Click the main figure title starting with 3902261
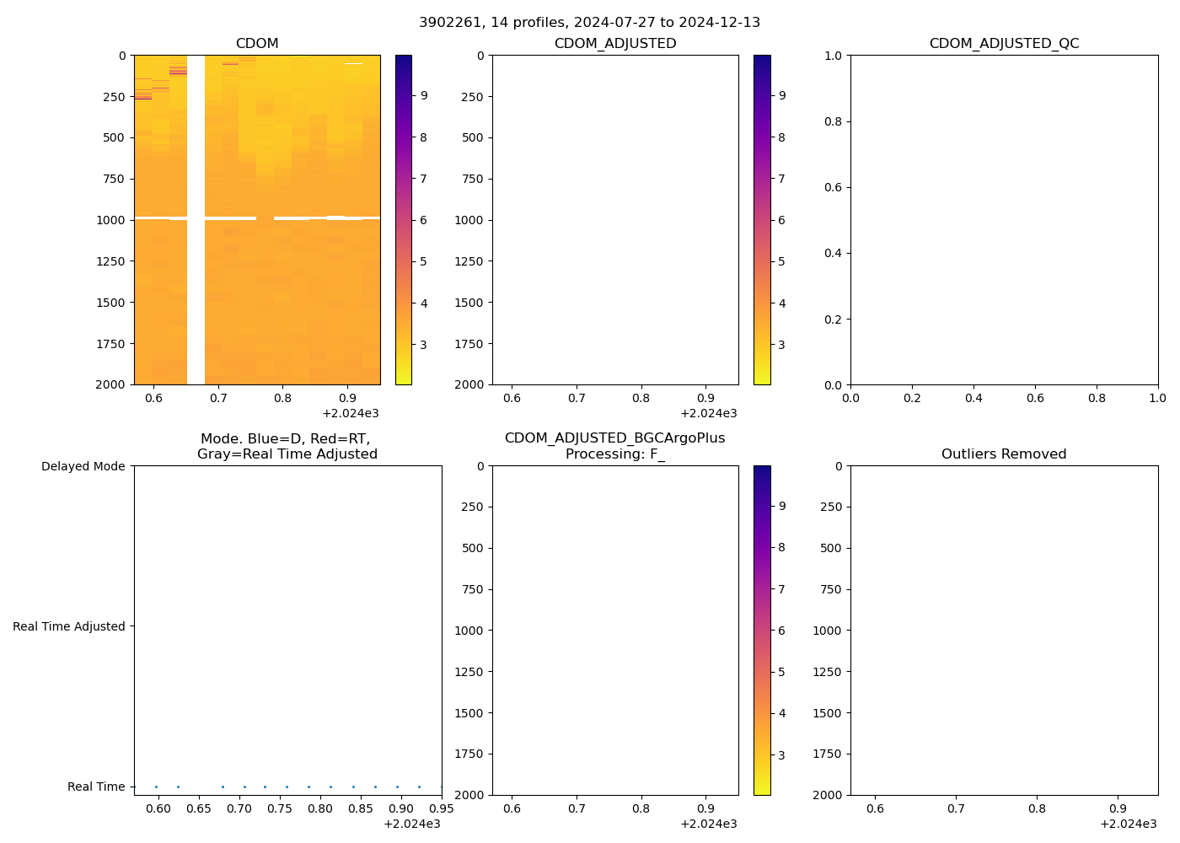point(589,22)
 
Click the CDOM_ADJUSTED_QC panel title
point(1004,44)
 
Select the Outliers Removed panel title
point(1004,454)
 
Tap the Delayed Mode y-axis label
point(83,466)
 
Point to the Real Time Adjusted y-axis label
point(69,626)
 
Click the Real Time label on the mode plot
point(96,787)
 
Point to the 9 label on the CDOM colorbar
point(424,96)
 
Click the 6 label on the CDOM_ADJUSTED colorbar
point(782,220)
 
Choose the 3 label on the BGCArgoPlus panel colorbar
point(782,755)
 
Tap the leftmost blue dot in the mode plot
point(156,787)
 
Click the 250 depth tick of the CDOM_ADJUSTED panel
point(473,97)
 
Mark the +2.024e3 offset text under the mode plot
point(412,824)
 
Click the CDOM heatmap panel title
point(257,44)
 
